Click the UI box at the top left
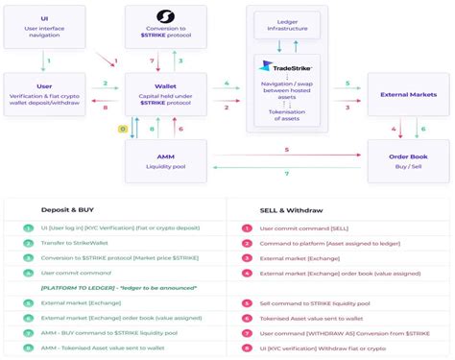(45, 26)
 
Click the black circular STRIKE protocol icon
(164, 16)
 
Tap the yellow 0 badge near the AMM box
(123, 128)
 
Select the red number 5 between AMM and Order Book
(286, 150)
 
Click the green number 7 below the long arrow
(286, 174)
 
